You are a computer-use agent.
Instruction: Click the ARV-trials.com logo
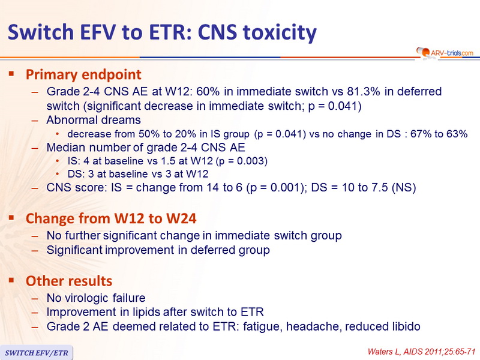point(445,53)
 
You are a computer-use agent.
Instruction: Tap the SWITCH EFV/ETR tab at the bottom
point(37,353)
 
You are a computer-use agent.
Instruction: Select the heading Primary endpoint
point(83,74)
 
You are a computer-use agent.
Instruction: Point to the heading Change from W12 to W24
point(111,218)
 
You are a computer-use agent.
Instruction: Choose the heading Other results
point(69,281)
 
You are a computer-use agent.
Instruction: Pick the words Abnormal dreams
point(94,120)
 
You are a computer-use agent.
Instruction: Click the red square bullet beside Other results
point(11,280)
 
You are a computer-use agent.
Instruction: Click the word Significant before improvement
point(74,250)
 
